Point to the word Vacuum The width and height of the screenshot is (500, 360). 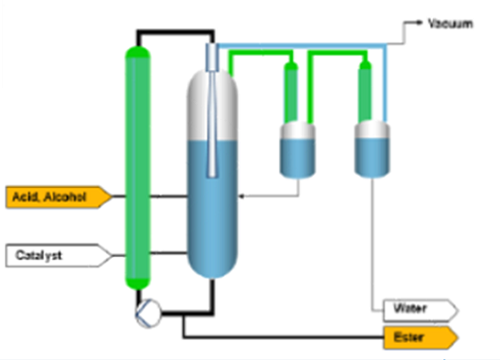click(x=450, y=24)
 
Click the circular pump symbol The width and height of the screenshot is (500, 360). click(x=148, y=313)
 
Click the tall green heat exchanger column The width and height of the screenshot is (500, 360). click(x=138, y=168)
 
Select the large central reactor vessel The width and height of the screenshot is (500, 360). click(x=212, y=173)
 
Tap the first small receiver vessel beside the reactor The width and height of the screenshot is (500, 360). click(x=297, y=150)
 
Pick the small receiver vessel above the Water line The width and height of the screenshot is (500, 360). click(x=372, y=149)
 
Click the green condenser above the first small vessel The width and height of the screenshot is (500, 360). click(x=291, y=92)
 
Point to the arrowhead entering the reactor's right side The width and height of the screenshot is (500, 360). click(x=242, y=196)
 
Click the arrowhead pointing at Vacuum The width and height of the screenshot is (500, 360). click(x=419, y=22)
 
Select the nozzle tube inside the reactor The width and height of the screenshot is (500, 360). click(x=212, y=110)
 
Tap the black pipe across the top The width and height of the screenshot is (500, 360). click(x=175, y=32)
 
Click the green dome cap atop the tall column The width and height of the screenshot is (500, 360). click(x=138, y=52)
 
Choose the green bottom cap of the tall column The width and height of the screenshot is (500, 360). click(x=138, y=284)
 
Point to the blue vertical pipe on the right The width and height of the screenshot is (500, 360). click(x=385, y=83)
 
